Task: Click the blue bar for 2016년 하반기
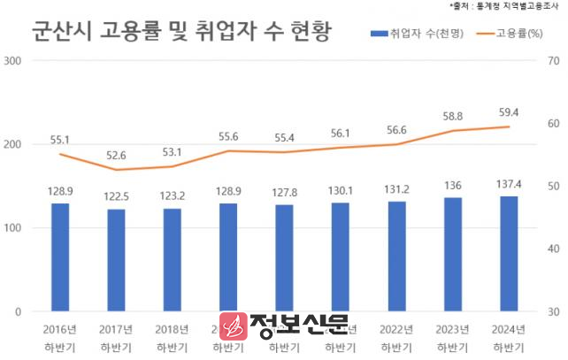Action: [x=60, y=257]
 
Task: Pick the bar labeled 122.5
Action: [x=117, y=260]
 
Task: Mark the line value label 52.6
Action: [x=117, y=155]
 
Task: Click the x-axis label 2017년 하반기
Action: [x=117, y=337]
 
